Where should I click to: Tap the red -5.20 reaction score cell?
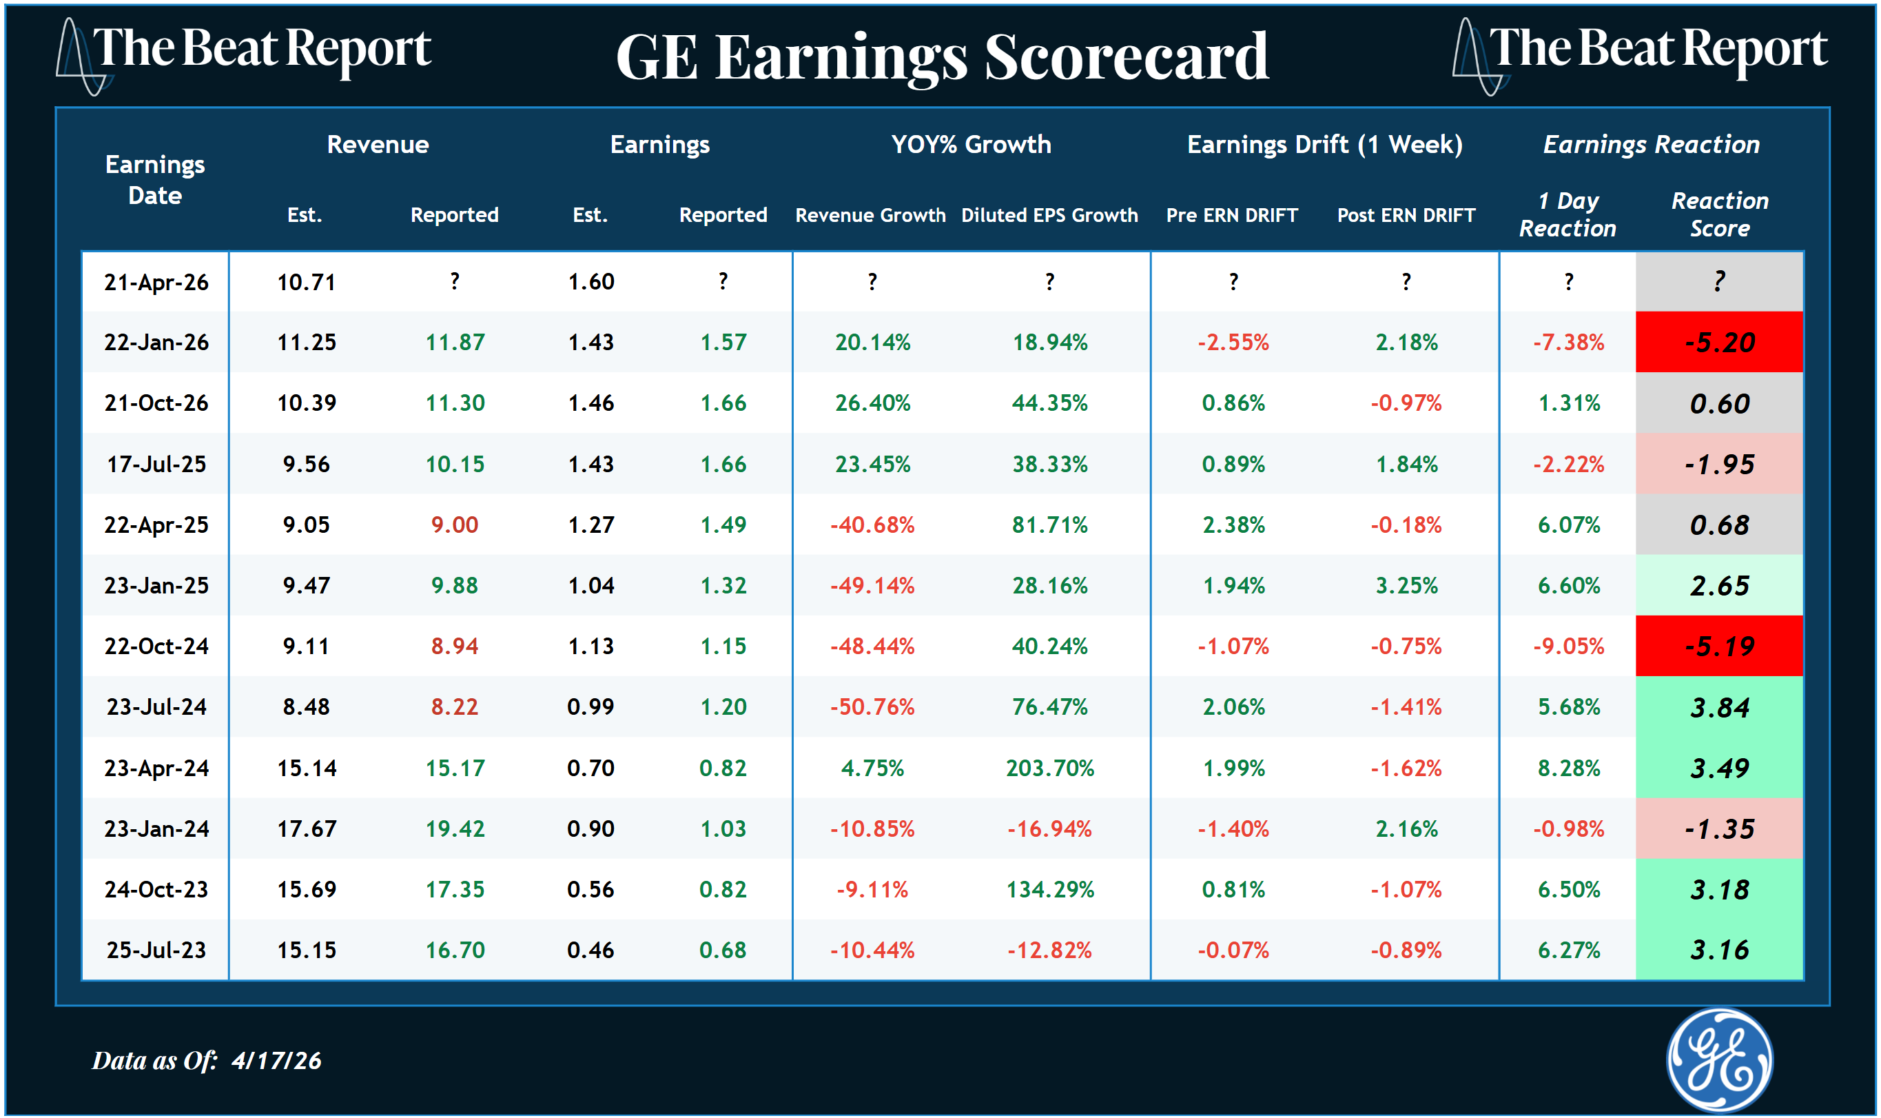point(1719,343)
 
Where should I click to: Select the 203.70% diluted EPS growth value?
point(1049,769)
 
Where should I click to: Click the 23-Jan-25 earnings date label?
point(156,585)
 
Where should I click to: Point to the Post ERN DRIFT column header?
point(1405,216)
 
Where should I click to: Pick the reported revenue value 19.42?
point(455,829)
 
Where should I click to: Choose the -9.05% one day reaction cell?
point(1568,647)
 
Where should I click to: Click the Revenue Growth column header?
point(870,216)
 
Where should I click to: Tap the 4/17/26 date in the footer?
point(276,1061)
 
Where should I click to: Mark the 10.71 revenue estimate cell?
point(306,283)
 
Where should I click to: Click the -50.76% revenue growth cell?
point(872,707)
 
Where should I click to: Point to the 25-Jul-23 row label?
point(156,950)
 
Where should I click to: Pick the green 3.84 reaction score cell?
point(1719,707)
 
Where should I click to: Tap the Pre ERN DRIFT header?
point(1232,216)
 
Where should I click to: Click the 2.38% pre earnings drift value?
point(1233,525)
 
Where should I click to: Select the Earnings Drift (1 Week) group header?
point(1324,144)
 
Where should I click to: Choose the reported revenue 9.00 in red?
point(455,525)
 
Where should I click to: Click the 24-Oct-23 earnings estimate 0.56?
point(590,890)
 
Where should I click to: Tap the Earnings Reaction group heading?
point(1652,144)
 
